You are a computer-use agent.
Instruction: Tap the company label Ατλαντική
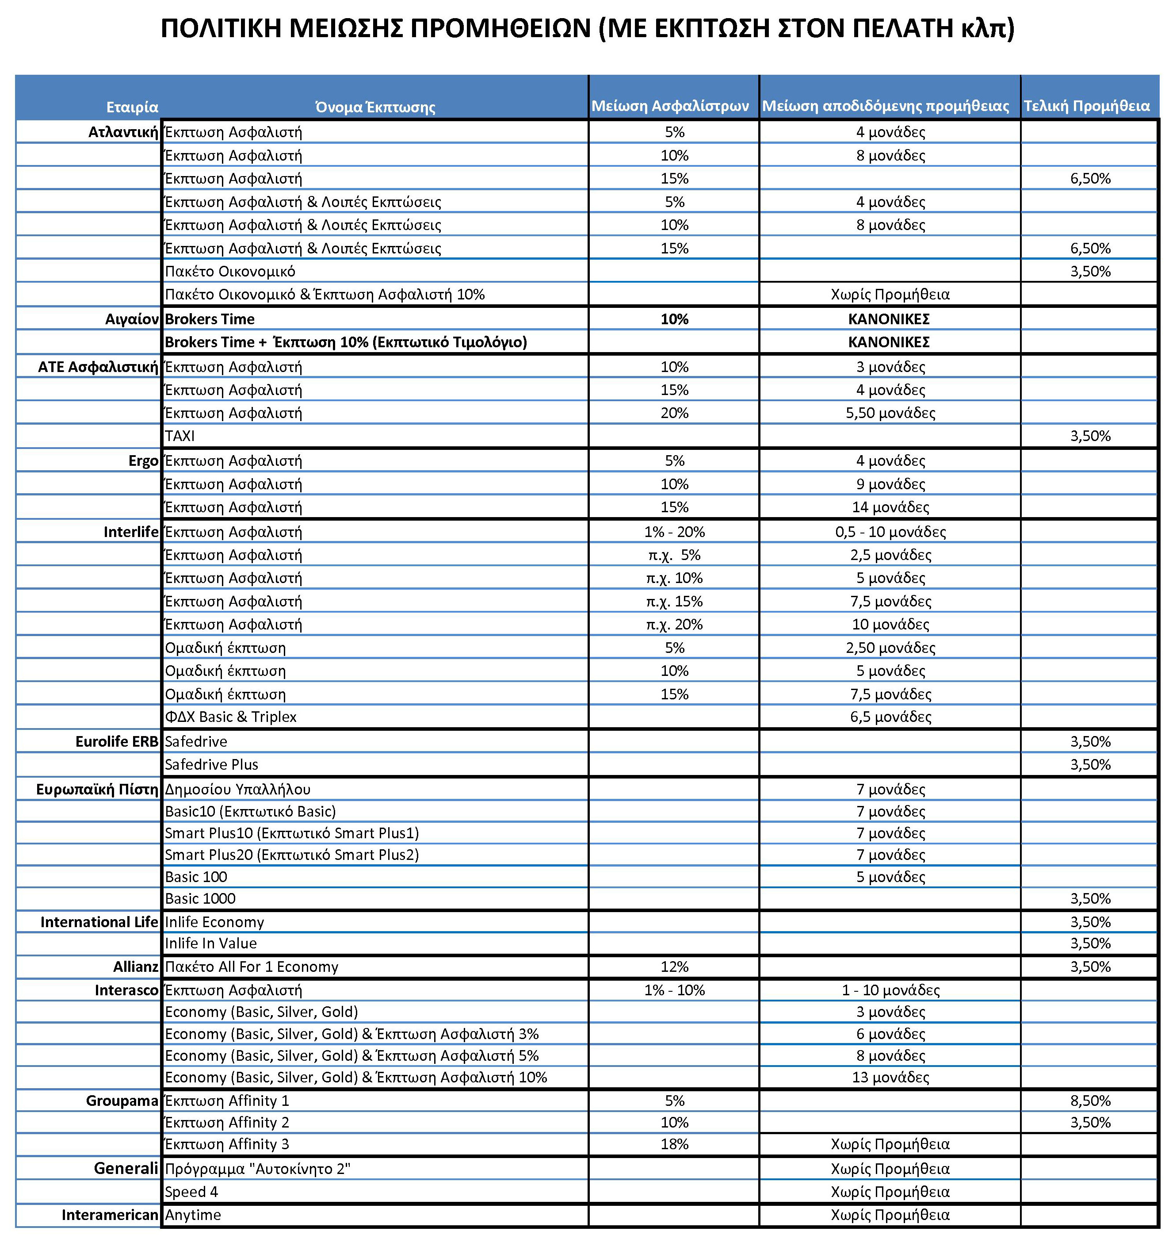(x=123, y=132)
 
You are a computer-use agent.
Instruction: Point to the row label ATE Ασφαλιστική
(x=98, y=367)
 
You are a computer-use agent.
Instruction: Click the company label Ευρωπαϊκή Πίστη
(x=97, y=790)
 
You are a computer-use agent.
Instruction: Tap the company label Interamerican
(x=110, y=1215)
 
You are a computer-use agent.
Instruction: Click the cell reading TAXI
(x=180, y=436)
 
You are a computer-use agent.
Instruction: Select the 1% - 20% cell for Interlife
(x=674, y=532)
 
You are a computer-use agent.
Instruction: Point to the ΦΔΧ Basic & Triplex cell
(x=230, y=717)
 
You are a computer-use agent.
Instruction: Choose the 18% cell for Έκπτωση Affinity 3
(x=674, y=1144)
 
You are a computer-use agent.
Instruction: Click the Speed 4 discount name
(x=191, y=1192)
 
